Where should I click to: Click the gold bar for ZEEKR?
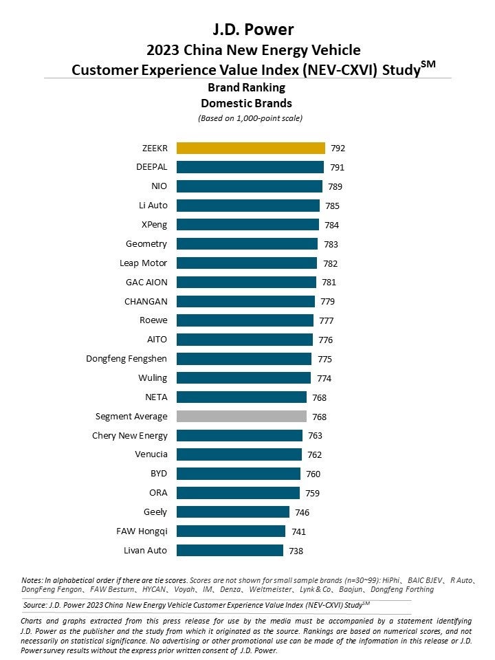[251, 148]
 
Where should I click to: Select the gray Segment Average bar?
[241, 417]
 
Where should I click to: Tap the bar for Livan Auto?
[230, 551]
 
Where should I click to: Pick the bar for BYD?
[239, 474]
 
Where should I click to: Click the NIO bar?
[250, 186]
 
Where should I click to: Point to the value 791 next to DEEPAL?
[338, 167]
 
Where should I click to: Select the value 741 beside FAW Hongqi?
[298, 531]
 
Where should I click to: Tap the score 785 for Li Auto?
[333, 206]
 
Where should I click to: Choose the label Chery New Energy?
[129, 435]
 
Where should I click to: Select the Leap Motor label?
[143, 263]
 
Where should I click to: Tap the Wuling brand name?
[153, 378]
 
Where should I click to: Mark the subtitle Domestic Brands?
[246, 103]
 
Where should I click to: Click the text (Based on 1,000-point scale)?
[250, 118]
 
